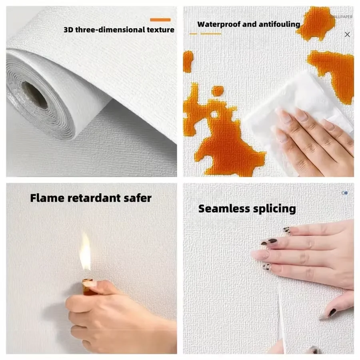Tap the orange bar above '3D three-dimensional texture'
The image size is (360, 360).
click(160, 20)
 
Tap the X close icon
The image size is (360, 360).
click(347, 34)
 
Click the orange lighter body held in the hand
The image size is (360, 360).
click(87, 286)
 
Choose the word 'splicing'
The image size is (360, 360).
click(276, 208)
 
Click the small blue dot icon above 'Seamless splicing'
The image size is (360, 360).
click(345, 193)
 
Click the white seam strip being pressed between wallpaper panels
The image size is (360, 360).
click(282, 316)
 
